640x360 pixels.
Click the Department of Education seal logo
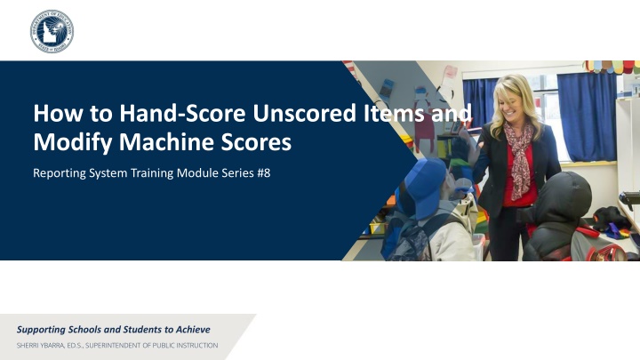coord(52,31)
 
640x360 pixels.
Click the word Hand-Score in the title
coord(182,113)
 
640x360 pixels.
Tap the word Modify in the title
coord(72,142)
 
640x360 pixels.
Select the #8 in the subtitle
coord(264,173)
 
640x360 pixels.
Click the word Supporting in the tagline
coord(41,330)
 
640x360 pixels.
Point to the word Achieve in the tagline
coord(193,330)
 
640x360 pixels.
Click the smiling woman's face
coord(511,103)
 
